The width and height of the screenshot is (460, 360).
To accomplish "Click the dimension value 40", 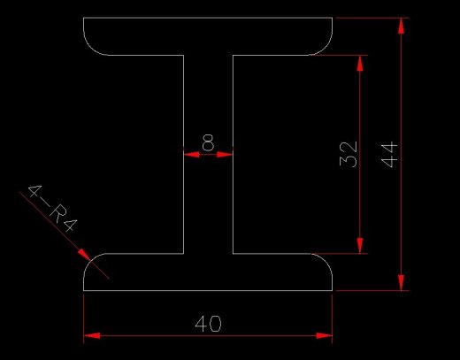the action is (208, 324).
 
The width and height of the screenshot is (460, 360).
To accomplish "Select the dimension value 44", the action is (389, 155).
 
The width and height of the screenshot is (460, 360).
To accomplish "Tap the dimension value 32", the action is (349, 154).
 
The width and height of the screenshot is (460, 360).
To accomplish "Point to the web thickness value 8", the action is (208, 142).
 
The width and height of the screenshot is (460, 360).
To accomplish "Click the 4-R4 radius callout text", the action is (52, 208).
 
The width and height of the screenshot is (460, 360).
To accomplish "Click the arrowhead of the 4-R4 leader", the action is (84, 255).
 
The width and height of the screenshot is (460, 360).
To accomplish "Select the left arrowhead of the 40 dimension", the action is (92, 335).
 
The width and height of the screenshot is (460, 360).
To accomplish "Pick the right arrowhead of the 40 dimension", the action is (324, 335).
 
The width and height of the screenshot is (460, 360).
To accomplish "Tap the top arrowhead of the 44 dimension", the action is (401, 26).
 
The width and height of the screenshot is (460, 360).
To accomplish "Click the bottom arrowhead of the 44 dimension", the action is (401, 282).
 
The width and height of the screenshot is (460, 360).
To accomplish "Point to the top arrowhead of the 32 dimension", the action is (360, 63).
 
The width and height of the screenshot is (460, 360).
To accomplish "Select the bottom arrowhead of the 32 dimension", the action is (360, 245).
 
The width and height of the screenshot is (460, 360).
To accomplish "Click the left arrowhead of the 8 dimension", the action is (191, 154).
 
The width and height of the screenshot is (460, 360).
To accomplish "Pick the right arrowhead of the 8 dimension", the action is (225, 154).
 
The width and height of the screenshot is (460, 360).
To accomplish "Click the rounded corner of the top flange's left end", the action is (91, 48).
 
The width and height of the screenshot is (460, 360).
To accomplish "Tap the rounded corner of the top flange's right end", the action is (325, 48).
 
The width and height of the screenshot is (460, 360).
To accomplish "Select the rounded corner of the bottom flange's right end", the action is (325, 261).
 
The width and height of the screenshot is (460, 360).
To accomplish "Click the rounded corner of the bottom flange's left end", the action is (91, 261).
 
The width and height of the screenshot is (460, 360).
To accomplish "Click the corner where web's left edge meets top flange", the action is (184, 55).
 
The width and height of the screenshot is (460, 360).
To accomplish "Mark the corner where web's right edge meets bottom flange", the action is (233, 253).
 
